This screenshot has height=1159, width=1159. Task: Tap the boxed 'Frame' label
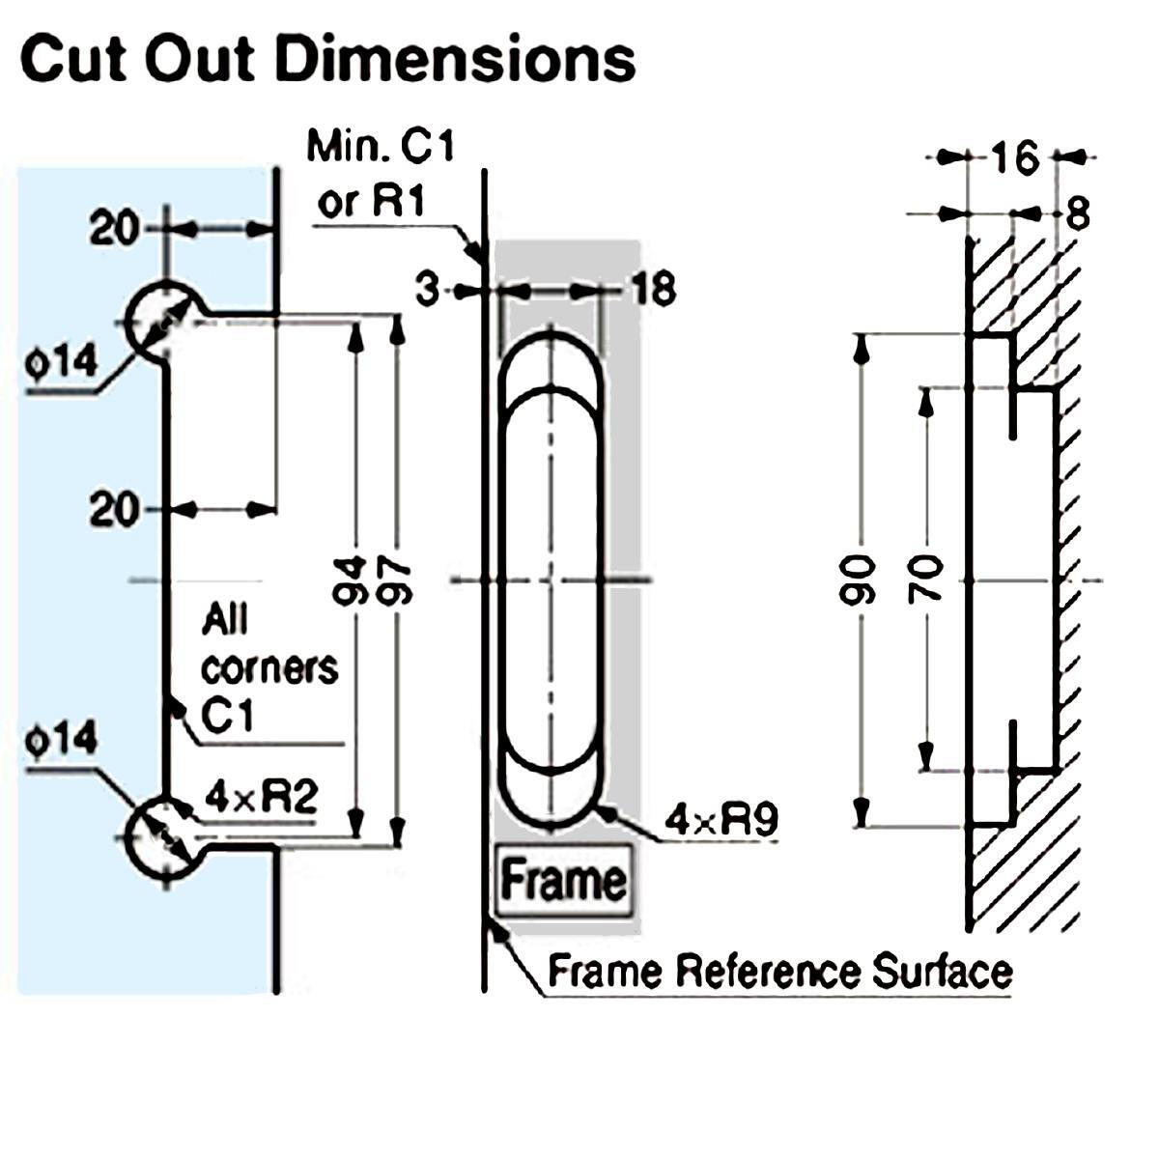click(563, 881)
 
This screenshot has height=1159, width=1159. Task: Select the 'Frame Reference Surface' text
click(780, 971)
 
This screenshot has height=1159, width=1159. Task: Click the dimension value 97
click(397, 579)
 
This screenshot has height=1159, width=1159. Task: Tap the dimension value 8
click(1077, 214)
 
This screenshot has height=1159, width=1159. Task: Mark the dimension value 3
click(429, 289)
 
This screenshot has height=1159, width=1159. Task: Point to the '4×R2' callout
click(261, 799)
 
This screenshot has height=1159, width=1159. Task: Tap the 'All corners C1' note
click(269, 666)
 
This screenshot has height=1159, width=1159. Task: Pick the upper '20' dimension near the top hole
click(114, 230)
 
